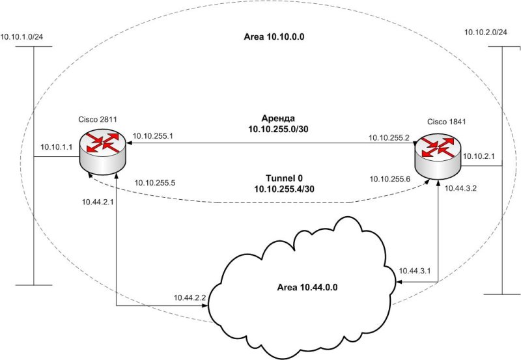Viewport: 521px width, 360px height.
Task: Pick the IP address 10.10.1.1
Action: [x=55, y=148]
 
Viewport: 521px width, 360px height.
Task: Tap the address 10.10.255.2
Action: [x=388, y=138]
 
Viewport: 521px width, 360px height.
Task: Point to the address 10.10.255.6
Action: [x=389, y=179]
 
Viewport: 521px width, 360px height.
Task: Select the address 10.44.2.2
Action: [x=190, y=297]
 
